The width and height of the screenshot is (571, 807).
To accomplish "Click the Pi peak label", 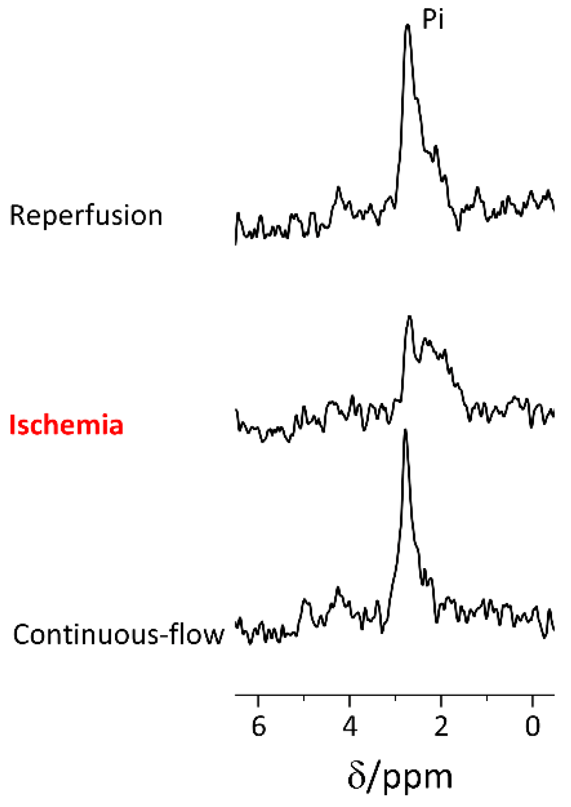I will point(432,20).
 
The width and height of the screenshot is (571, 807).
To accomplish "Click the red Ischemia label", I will point(66,425).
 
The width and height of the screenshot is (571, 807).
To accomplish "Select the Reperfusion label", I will point(86,216).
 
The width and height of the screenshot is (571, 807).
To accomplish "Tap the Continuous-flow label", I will point(118,634).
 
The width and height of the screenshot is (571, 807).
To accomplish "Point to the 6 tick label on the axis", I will point(258,726).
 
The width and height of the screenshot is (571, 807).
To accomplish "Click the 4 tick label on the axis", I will point(350,726).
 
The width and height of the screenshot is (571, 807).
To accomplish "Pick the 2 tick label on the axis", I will point(441,726).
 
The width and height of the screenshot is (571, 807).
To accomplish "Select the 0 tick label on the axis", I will point(532,726).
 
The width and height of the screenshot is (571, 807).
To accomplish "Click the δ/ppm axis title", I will point(400,776).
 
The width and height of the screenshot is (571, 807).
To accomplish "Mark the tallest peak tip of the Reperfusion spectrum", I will point(407,25).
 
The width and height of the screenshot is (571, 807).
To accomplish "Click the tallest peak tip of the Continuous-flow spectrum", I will point(405,430).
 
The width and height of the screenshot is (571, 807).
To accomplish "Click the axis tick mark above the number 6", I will point(258,699).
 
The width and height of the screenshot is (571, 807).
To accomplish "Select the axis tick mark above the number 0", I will point(532,699).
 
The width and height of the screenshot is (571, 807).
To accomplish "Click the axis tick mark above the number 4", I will point(350,699).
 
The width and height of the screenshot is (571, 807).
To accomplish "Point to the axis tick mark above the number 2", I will point(441,699).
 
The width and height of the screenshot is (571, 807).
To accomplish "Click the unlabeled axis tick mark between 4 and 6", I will point(304,698).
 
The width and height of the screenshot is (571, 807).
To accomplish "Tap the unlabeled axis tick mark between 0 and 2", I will point(487,698).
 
